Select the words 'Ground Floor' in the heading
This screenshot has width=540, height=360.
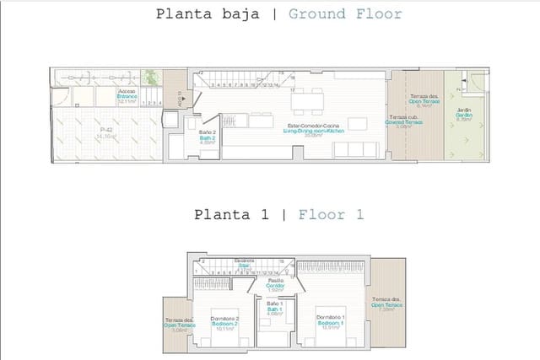click(344, 13)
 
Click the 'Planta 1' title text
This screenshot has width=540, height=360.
click(230, 214)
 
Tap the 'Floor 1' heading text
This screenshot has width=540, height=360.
click(331, 214)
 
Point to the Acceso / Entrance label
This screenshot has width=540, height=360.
click(127, 94)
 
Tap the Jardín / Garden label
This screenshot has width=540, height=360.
click(464, 115)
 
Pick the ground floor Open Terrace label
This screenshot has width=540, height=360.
click(423, 102)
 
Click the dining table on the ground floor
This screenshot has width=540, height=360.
click(306, 102)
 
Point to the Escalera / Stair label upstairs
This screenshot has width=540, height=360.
click(244, 262)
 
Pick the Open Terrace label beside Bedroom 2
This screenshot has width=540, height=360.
click(179, 326)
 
